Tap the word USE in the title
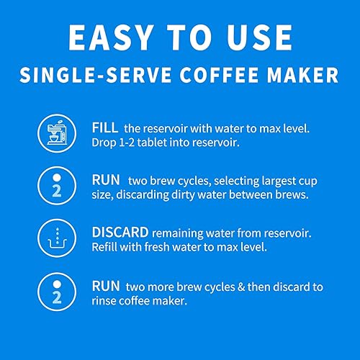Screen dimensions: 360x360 point(258,37)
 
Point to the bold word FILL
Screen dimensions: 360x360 point(104,127)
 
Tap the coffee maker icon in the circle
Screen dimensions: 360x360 point(56,135)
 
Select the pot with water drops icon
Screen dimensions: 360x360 point(56,240)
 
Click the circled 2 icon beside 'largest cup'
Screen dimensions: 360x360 point(56,187)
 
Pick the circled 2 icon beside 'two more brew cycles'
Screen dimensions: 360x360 point(56,293)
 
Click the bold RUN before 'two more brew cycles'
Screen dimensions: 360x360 point(105,286)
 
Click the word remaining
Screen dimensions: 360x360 point(181,233)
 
